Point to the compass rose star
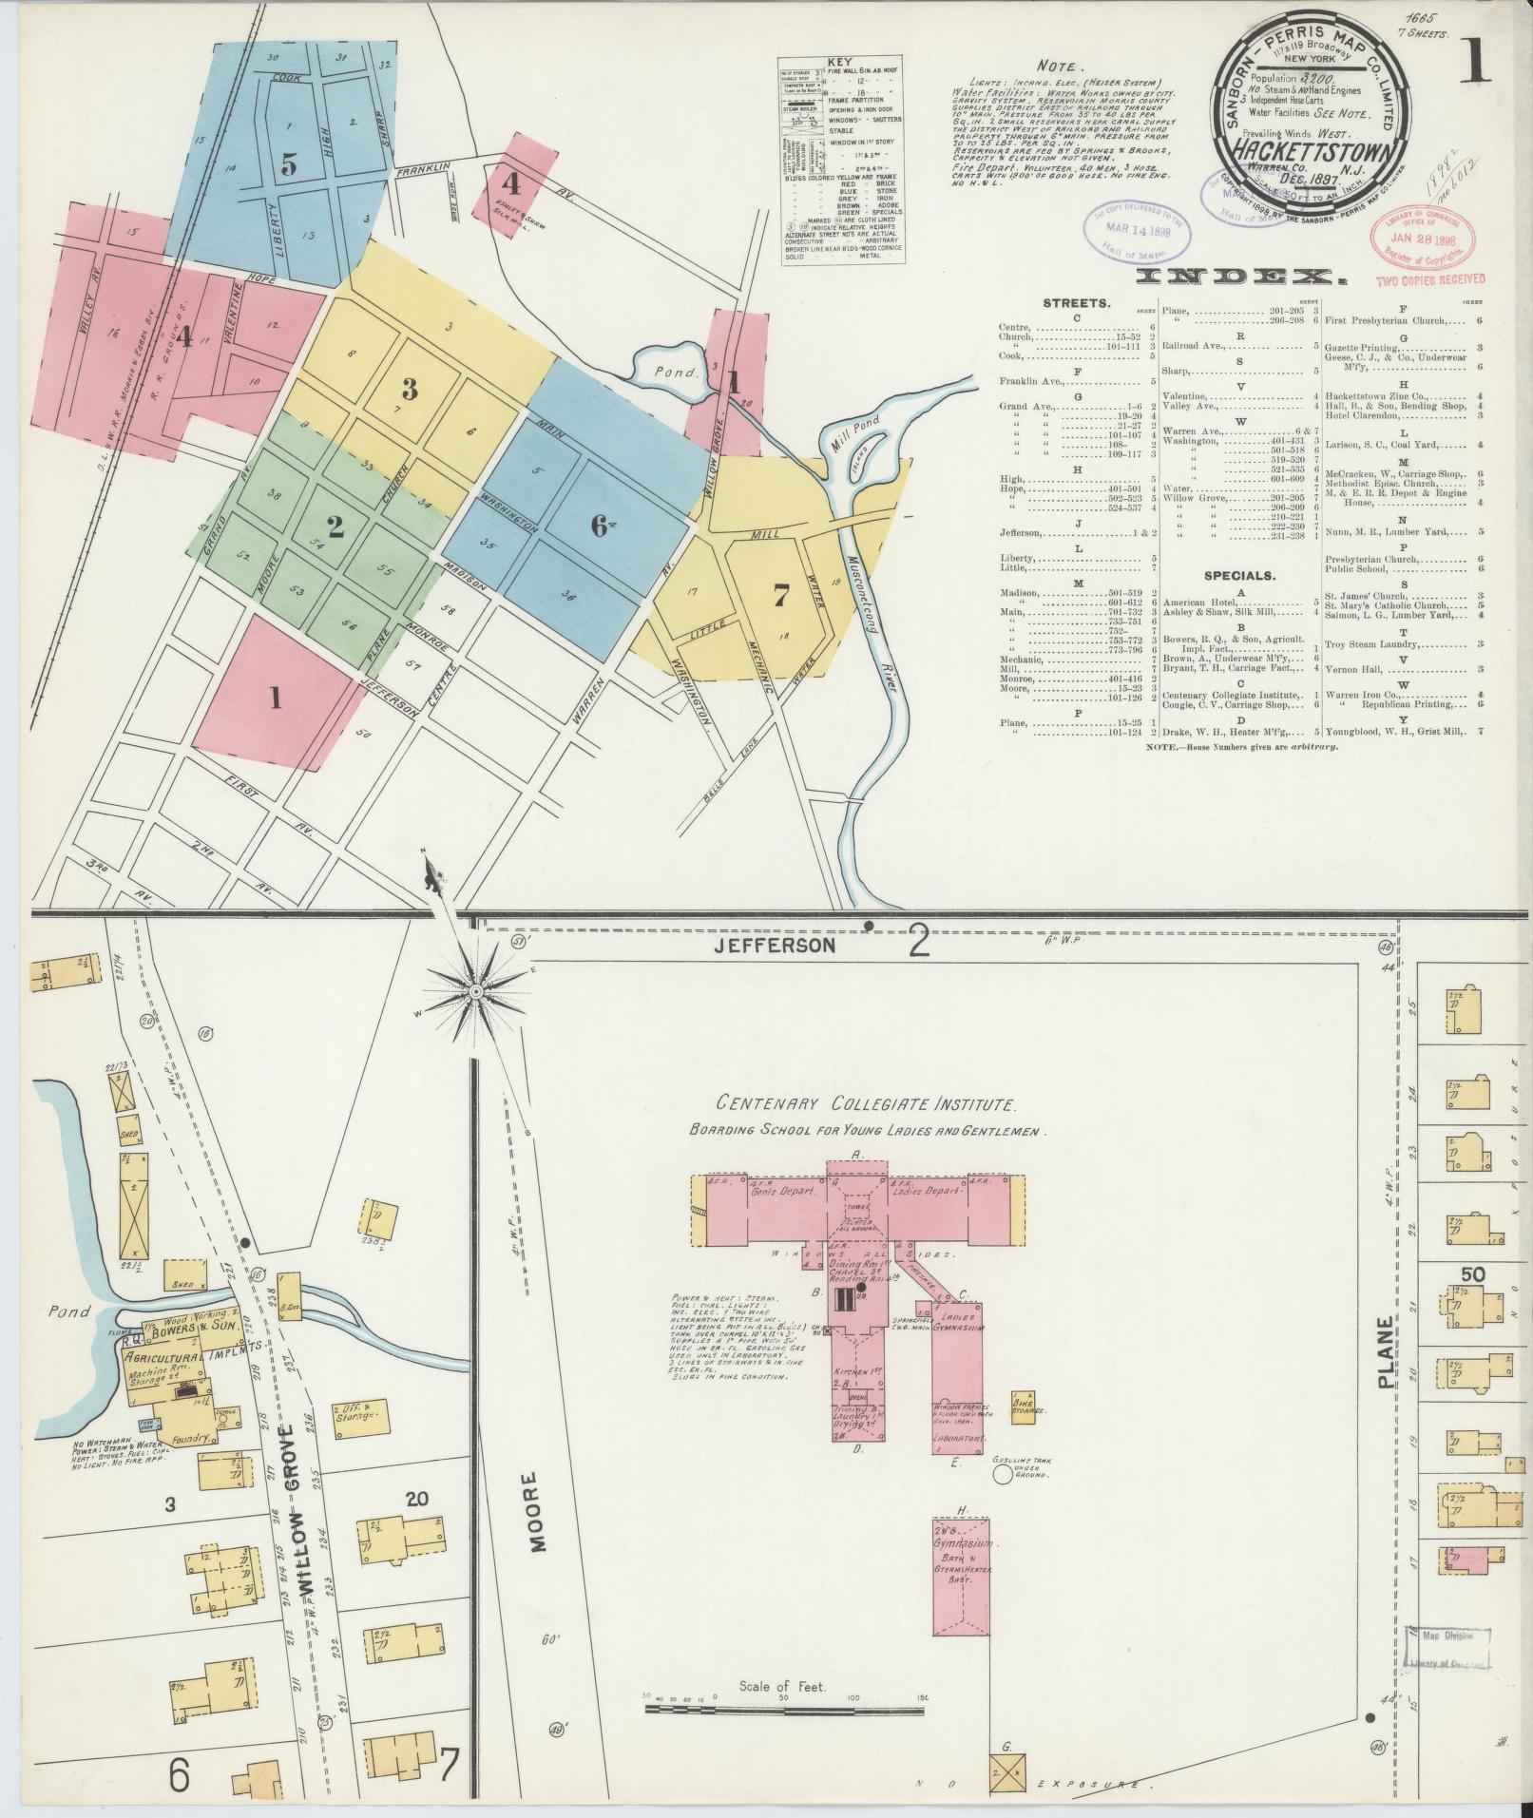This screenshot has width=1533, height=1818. click(x=475, y=992)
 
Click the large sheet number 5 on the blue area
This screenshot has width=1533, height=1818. click(x=288, y=163)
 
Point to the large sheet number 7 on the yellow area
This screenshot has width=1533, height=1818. click(x=780, y=596)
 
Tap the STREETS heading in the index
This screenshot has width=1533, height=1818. click(x=1076, y=303)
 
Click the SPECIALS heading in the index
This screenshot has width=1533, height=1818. click(x=1241, y=575)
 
